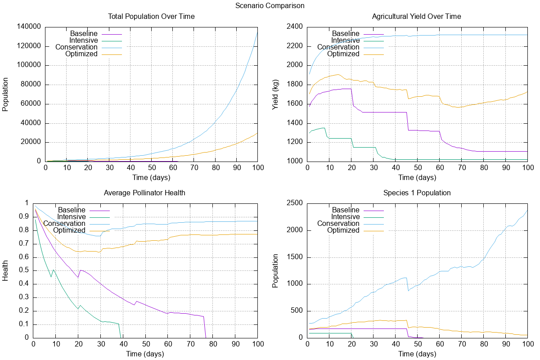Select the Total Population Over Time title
point(151,17)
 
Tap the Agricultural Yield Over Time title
point(416,17)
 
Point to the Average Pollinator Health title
point(144,193)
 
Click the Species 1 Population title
point(417,193)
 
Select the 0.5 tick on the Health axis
point(24,270)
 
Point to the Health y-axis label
point(6,270)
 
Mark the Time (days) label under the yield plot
point(417,177)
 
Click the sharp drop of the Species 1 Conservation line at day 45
point(408,284)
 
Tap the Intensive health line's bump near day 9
point(54,270)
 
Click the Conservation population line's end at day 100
point(257,32)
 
